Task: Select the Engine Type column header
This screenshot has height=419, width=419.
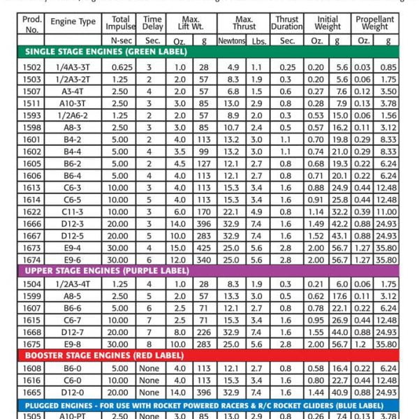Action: point(73,22)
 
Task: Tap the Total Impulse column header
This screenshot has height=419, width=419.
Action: point(121,23)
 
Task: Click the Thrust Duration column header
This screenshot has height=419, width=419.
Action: point(286,23)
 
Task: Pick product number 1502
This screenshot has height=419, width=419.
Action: point(33,66)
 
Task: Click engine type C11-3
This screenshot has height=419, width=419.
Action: point(73,211)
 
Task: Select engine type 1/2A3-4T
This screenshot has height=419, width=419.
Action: point(73,284)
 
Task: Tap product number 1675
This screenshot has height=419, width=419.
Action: point(33,344)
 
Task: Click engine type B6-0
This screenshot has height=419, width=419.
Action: point(73,368)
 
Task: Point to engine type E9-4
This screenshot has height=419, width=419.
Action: point(73,247)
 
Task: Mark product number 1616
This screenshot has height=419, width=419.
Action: point(33,381)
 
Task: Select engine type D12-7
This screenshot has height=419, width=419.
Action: point(73,332)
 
